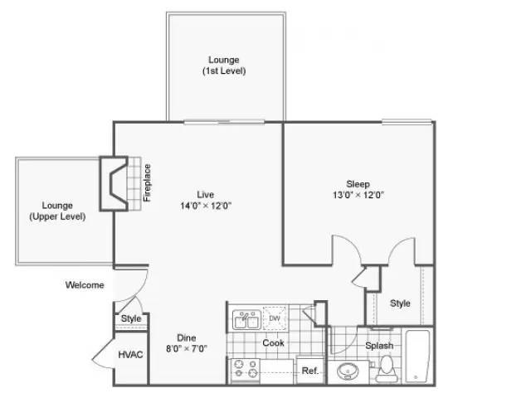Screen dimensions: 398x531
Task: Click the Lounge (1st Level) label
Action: [x=224, y=66]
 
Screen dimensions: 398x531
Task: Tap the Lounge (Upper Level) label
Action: [x=51, y=211]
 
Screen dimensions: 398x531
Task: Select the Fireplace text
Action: [x=148, y=183]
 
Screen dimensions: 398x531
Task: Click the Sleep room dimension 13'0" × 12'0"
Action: [x=358, y=195]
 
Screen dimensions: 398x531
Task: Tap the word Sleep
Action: [x=358, y=183]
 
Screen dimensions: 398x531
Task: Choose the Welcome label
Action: [x=85, y=285]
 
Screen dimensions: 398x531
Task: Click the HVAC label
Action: [x=129, y=353]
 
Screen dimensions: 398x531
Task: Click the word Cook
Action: [x=274, y=342]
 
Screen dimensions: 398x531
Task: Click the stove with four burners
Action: [x=245, y=370]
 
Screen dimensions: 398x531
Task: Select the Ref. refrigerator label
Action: [x=309, y=371]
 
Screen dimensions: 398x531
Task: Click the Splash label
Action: [x=378, y=346]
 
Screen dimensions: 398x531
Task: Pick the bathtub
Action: [x=418, y=357]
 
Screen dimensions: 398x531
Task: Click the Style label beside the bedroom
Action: [x=400, y=303]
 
